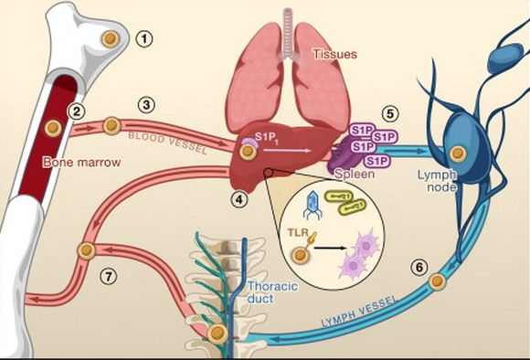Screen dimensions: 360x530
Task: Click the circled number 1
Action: tap(145, 38)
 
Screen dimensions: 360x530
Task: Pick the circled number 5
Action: tap(392, 115)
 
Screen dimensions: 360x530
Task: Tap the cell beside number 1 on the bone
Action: tap(111, 39)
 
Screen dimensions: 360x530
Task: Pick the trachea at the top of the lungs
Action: tap(291, 22)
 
